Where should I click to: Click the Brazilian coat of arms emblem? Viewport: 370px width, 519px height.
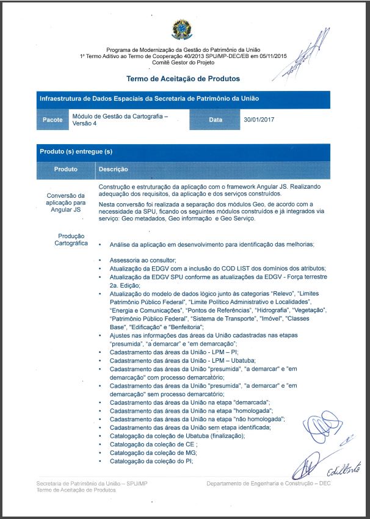183,29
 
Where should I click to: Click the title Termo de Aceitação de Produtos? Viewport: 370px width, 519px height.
183,79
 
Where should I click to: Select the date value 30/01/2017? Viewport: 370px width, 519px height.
259,120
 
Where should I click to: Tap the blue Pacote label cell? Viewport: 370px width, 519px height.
53,120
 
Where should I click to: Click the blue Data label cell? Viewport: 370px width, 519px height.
216,120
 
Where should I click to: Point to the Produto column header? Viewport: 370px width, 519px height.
65,169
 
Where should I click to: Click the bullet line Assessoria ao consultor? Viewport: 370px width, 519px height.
143,259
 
